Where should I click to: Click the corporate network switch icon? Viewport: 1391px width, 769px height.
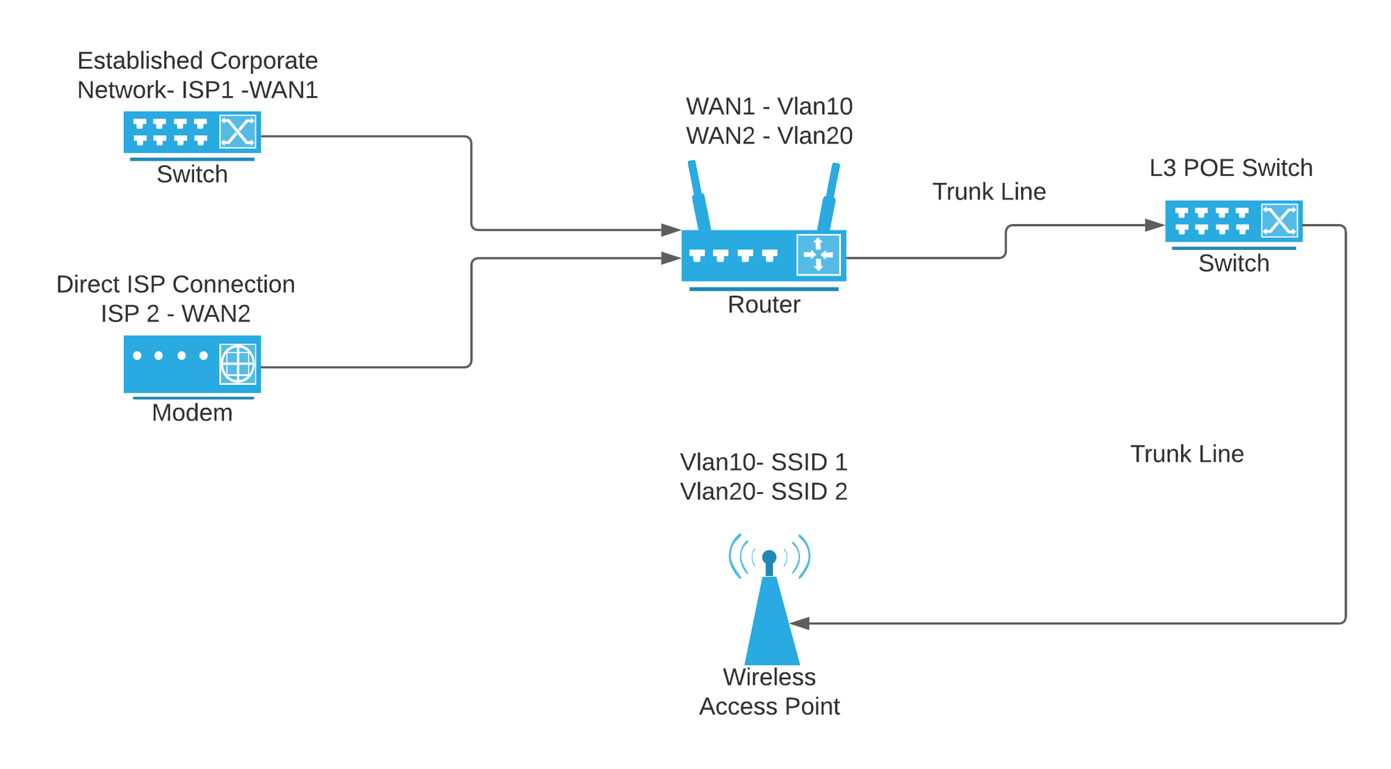click(x=192, y=132)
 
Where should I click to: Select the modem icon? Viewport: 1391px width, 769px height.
click(x=192, y=364)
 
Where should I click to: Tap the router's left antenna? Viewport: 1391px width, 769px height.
click(x=698, y=196)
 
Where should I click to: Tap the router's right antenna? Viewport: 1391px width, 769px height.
click(x=829, y=198)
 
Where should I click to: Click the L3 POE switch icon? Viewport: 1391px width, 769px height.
click(x=1233, y=221)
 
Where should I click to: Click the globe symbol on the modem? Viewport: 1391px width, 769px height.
click(x=238, y=363)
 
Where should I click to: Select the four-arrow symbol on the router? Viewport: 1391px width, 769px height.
click(x=818, y=255)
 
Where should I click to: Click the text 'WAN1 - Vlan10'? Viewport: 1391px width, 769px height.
click(x=769, y=106)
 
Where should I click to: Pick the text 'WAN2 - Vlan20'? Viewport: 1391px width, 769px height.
click(x=769, y=136)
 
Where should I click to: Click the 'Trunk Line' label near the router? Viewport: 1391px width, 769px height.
click(x=989, y=191)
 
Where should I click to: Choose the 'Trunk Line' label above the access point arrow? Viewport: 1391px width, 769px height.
click(x=1187, y=454)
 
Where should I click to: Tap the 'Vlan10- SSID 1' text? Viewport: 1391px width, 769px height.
click(x=764, y=462)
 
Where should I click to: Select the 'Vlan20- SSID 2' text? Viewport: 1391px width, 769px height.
click(x=764, y=491)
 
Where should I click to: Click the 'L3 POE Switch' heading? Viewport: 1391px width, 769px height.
click(x=1230, y=168)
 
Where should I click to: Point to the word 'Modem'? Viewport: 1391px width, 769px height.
click(x=192, y=413)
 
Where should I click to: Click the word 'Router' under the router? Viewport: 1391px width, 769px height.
click(x=764, y=305)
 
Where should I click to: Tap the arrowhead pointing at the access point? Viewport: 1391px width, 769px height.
click(x=800, y=624)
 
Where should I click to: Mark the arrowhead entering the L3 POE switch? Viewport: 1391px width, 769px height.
click(x=1155, y=225)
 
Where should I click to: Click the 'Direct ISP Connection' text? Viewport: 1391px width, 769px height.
click(x=175, y=284)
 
